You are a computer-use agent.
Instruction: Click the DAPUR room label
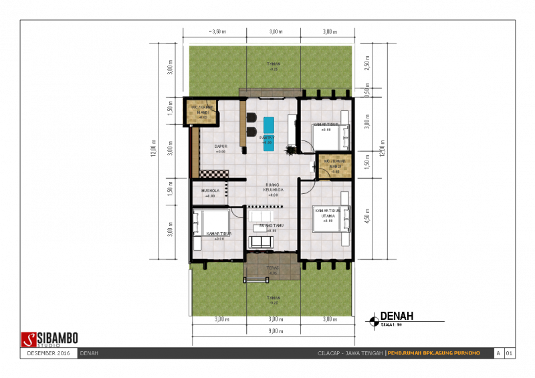221,146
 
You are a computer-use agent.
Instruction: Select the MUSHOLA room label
210,190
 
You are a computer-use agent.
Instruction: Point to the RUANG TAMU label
272,225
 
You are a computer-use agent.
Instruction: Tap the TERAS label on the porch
272,268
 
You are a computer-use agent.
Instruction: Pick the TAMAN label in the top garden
273,64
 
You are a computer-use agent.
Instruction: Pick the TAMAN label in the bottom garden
273,298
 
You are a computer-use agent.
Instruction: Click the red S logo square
28,339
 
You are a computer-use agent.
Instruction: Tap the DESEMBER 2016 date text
48,353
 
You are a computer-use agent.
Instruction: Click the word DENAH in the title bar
89,353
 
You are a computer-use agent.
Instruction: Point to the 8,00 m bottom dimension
274,330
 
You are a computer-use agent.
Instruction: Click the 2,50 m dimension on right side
366,63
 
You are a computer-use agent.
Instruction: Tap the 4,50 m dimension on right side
366,219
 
